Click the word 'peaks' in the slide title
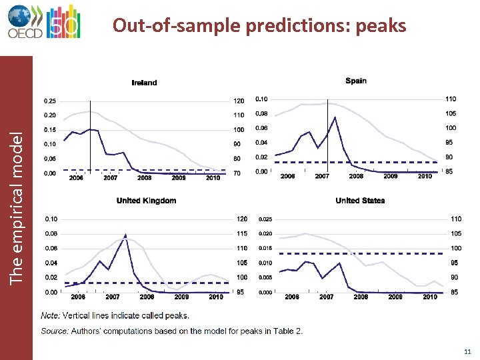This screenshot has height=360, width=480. click(381, 25)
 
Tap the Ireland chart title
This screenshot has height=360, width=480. click(144, 83)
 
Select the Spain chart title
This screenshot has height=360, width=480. click(356, 81)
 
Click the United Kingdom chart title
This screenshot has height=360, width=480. click(146, 201)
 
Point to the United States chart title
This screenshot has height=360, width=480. click(360, 201)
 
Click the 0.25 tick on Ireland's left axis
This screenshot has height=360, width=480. click(50, 101)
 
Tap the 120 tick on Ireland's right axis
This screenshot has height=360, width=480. click(238, 101)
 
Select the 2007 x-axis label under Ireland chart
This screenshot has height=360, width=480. click(111, 178)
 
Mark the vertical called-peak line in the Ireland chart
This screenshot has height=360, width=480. click(90, 133)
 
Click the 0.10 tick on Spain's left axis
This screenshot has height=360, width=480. click(261, 99)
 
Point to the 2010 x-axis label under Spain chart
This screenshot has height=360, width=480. click(425, 177)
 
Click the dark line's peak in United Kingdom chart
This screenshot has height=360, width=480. click(125, 235)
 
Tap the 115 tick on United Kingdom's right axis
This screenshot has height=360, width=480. click(241, 234)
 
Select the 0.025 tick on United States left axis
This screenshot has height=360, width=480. click(265, 219)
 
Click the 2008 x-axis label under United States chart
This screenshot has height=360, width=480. click(360, 297)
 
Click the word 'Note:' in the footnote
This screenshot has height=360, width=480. click(51, 315)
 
